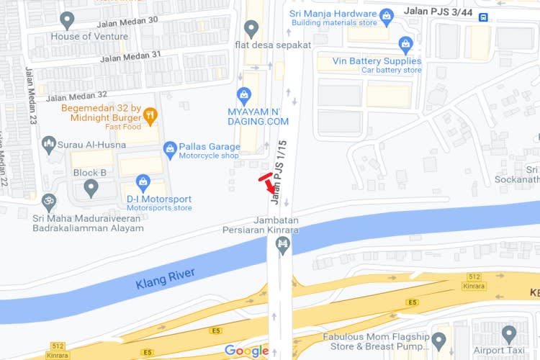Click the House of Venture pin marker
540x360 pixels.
tap(68, 20)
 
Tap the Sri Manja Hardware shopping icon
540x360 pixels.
tap(387, 14)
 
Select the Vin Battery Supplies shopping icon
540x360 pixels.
tap(405, 46)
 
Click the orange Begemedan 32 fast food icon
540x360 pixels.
tap(150, 114)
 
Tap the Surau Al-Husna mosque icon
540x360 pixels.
tap(49, 144)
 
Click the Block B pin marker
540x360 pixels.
tap(91, 188)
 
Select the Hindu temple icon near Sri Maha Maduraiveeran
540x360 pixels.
tap(49, 201)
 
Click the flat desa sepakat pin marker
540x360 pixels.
tap(251, 29)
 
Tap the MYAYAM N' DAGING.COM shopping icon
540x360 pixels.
tap(245, 95)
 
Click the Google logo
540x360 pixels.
tap(246, 351)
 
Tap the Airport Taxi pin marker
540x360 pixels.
tap(509, 334)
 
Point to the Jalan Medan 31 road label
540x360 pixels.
tap(131, 57)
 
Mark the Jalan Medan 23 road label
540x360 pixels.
tap(31, 96)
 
